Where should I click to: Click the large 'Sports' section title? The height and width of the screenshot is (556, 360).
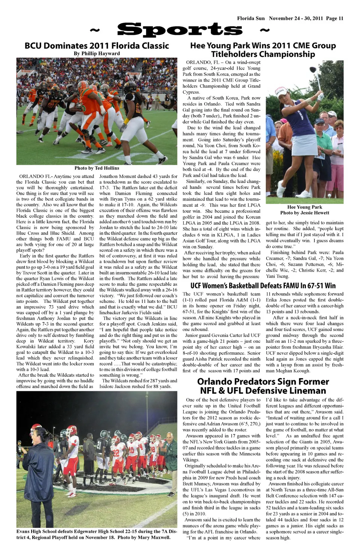click(x=180, y=30)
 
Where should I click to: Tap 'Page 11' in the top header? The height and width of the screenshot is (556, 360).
click(x=334, y=18)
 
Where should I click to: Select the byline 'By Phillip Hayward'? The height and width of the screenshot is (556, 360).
click(x=97, y=54)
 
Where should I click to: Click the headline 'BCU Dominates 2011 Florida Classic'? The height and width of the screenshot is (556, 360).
click(x=97, y=46)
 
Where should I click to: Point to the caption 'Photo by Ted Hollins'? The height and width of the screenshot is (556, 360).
click(x=97, y=168)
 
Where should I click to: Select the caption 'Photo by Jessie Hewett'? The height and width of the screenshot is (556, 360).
click(x=304, y=213)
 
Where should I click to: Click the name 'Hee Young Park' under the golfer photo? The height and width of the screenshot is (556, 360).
click(x=304, y=207)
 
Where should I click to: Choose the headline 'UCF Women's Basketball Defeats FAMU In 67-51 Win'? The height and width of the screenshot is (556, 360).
click(x=263, y=286)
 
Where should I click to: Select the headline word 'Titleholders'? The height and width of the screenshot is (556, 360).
click(x=232, y=54)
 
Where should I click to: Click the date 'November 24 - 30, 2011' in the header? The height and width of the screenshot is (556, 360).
click(x=296, y=18)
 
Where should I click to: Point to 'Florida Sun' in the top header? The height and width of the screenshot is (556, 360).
click(x=250, y=18)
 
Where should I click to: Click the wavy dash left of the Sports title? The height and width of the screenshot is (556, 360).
click(x=96, y=30)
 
